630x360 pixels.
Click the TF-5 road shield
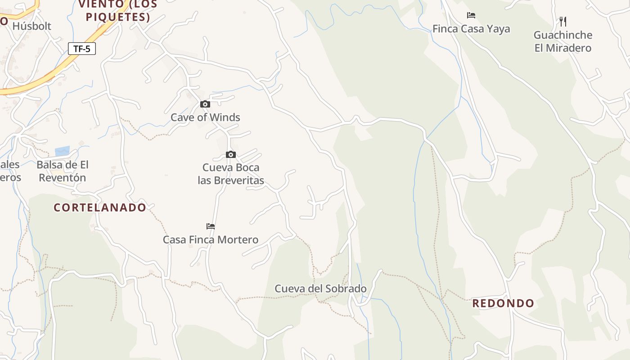click(x=82, y=49)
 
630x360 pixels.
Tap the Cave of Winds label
click(x=205, y=117)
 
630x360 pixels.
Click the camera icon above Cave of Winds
click(x=205, y=104)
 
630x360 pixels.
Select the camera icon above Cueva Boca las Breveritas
click(x=231, y=155)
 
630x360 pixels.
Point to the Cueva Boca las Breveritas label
click(x=231, y=174)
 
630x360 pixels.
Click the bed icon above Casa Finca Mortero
click(x=211, y=226)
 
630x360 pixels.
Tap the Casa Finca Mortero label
click(x=211, y=239)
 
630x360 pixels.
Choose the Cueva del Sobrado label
click(x=320, y=288)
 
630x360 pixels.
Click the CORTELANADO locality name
click(x=100, y=207)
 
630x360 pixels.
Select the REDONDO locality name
click(x=503, y=303)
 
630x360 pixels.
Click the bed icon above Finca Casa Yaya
click(x=471, y=15)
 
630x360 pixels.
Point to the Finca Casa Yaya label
click(x=471, y=29)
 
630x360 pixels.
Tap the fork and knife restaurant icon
click(x=562, y=21)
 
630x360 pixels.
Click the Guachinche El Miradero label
click(x=562, y=41)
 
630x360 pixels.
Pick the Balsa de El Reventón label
click(x=63, y=171)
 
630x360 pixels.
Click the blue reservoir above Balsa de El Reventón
click(x=63, y=151)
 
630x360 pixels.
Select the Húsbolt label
click(x=32, y=26)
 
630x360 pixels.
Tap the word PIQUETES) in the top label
click(x=118, y=17)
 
